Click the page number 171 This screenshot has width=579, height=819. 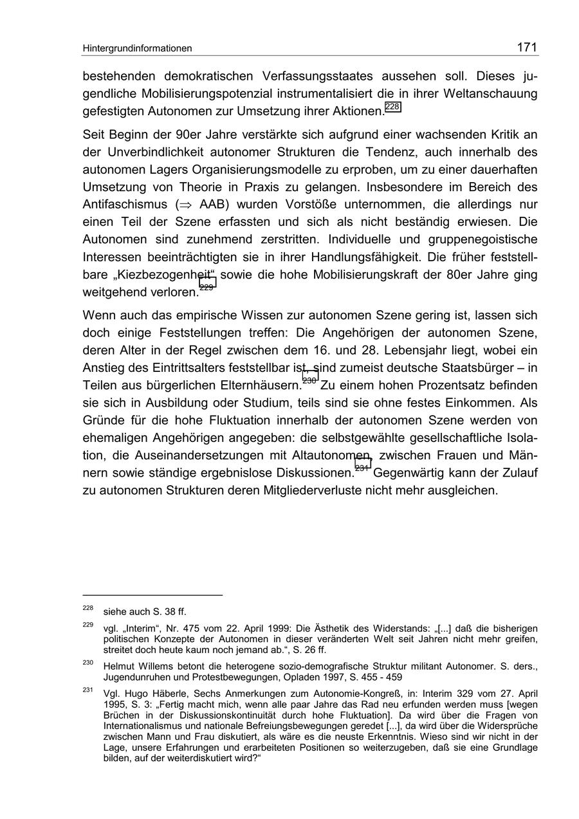(x=527, y=47)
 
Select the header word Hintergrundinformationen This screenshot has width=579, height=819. (x=137, y=48)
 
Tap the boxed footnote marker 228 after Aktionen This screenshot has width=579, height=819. (x=392, y=107)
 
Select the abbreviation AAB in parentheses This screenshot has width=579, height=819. (x=212, y=205)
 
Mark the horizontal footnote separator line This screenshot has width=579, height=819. (x=152, y=595)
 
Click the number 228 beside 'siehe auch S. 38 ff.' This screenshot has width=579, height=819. (x=88, y=608)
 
